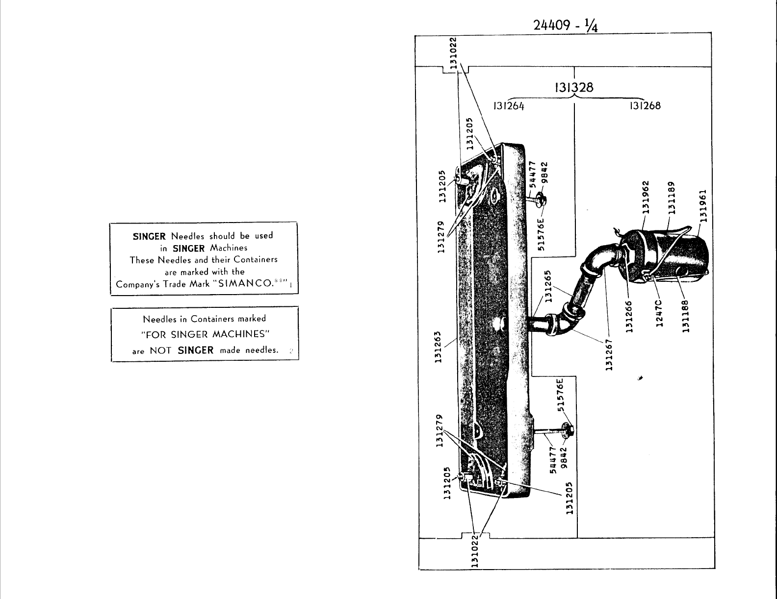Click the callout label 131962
[x=646, y=198]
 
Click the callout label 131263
[x=439, y=348]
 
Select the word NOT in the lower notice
[x=160, y=350]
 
